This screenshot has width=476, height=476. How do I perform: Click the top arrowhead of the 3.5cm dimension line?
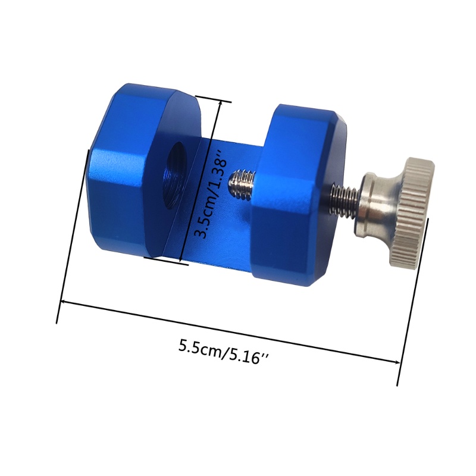pos(221,105)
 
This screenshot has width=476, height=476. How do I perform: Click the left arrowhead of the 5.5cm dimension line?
pos(62,303)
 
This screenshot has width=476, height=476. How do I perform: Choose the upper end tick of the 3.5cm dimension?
pos(212,99)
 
